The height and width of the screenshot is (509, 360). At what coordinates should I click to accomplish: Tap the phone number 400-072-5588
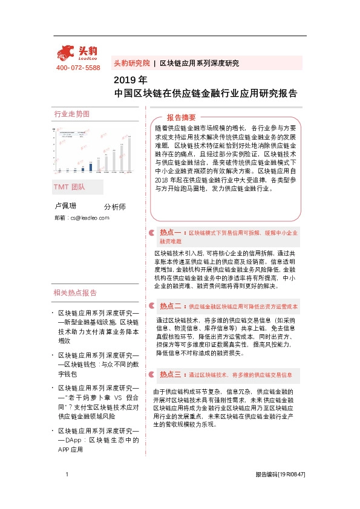coord(78,68)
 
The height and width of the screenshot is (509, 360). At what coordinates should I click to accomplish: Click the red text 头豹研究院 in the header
coord(131,63)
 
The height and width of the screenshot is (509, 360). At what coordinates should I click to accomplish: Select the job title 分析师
coord(115,207)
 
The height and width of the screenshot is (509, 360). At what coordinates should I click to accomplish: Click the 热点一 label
coord(170,232)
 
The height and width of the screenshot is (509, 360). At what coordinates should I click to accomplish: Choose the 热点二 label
coord(170,306)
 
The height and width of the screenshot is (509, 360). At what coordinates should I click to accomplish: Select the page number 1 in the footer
coord(66,475)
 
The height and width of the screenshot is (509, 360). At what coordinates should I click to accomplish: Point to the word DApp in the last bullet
coord(74,441)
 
